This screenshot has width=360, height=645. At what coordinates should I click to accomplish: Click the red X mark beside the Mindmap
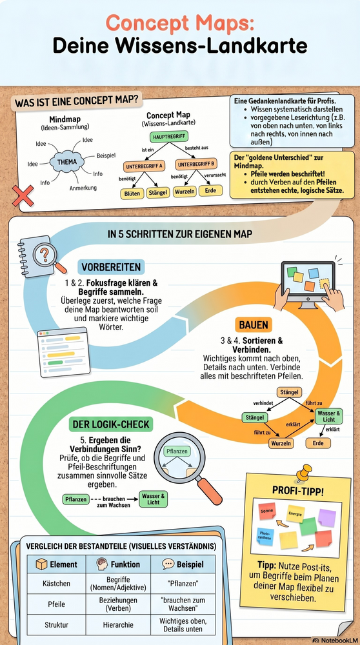23,196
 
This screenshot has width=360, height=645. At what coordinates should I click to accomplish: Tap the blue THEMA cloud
66,162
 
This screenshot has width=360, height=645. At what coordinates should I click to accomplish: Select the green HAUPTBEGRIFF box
166,137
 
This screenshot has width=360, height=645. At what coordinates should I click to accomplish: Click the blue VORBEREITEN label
111,268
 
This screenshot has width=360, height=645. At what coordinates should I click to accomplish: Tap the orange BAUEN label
254,325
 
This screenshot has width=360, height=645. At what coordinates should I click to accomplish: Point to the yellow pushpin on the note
304,473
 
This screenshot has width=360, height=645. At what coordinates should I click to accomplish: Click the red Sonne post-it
266,510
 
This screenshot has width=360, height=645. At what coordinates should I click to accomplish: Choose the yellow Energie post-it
295,513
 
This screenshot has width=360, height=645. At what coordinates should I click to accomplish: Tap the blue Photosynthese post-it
265,536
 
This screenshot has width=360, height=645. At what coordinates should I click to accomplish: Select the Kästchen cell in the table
56,583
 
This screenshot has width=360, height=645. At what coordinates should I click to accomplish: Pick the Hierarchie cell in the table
119,624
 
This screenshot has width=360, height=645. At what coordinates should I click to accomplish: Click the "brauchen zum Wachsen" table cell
183,604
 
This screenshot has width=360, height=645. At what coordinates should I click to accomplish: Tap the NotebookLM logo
334,640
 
